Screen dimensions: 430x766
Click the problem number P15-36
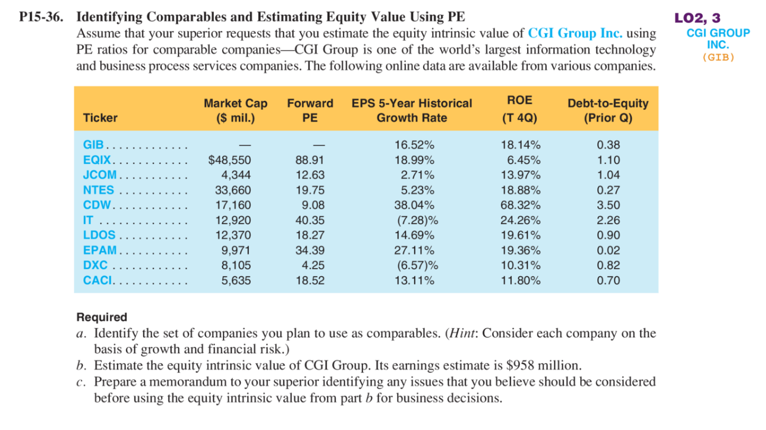[40, 17]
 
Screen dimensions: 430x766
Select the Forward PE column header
[310, 110]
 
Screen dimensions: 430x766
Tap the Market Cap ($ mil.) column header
[235, 110]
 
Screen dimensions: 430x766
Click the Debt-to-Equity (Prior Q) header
[608, 110]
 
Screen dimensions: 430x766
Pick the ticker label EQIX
[96, 160]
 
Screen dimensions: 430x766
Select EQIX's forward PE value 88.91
[310, 160]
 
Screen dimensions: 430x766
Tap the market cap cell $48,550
[229, 160]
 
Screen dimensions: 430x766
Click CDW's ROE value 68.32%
[520, 205]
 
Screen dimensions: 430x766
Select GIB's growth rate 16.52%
[414, 145]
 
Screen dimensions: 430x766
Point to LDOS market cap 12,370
[235, 235]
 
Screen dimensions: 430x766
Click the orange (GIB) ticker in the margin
[718, 58]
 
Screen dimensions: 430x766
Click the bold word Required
[102, 317]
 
